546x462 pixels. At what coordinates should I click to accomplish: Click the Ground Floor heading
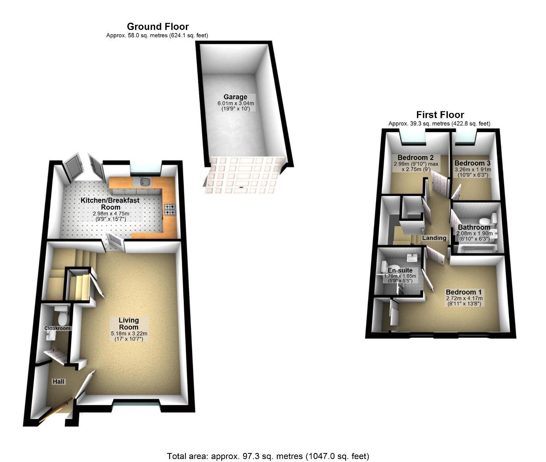point(158,27)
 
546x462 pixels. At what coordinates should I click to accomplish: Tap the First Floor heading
point(440,115)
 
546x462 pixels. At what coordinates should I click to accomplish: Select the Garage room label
point(235,97)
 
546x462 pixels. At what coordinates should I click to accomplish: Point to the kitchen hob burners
point(170,209)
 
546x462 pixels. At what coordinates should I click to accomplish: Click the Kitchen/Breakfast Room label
point(110,203)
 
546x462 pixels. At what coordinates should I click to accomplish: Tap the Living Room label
point(129,323)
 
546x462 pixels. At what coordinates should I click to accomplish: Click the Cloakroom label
point(57,328)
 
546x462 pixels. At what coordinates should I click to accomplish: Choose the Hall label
point(59,381)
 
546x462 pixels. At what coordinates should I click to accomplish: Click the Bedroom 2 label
point(413,157)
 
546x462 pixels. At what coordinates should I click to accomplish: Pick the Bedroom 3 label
point(472,163)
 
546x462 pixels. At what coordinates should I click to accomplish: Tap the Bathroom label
point(474,227)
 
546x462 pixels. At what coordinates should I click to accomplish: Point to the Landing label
point(434,238)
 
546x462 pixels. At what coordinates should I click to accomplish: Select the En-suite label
point(400,270)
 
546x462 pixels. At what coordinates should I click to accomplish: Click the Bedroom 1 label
point(464,292)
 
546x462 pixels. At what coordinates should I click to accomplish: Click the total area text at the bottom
point(268,456)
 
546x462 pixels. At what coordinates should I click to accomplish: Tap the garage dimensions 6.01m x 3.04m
point(235,103)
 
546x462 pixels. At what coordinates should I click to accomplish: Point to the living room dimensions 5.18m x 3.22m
point(129,334)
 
